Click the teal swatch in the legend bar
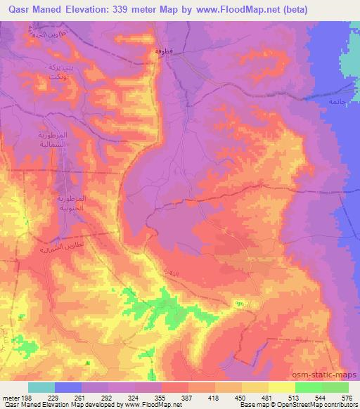coord(41,388)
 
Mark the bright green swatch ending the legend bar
coord(335,388)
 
